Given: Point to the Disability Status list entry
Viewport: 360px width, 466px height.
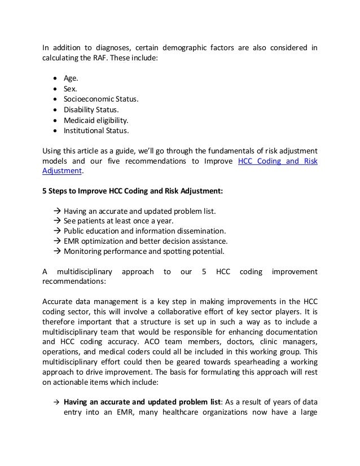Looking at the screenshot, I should click(91, 110).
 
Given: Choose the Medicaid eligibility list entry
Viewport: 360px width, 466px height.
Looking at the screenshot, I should click(95, 120).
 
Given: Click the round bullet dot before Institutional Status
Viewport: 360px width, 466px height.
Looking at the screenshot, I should click(54, 131).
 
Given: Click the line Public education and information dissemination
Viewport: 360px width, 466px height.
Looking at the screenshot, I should click(144, 231).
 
